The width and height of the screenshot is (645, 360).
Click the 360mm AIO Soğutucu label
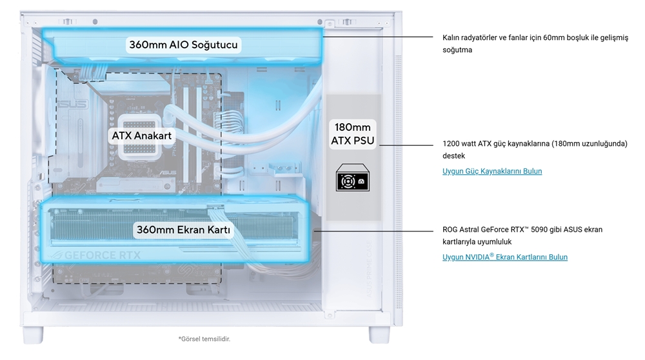click(x=184, y=45)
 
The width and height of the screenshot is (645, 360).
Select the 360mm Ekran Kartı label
click(x=183, y=230)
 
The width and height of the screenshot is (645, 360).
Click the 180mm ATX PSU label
click(x=352, y=134)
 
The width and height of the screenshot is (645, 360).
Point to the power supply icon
click(x=352, y=179)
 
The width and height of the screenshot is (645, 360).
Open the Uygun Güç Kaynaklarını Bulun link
click(x=492, y=171)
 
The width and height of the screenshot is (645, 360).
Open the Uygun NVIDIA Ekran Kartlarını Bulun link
click(x=505, y=257)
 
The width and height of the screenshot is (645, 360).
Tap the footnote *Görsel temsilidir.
click(x=204, y=339)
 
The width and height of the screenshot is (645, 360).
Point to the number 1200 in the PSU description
click(x=451, y=143)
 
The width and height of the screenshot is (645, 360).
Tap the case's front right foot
click(x=378, y=334)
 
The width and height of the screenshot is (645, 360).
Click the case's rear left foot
click(x=34, y=334)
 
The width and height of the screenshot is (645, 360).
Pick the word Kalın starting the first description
click(x=452, y=37)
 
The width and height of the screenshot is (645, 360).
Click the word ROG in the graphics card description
click(x=451, y=230)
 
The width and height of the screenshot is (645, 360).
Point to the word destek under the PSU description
click(x=453, y=155)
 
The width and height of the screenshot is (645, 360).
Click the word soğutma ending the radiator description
click(x=457, y=50)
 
